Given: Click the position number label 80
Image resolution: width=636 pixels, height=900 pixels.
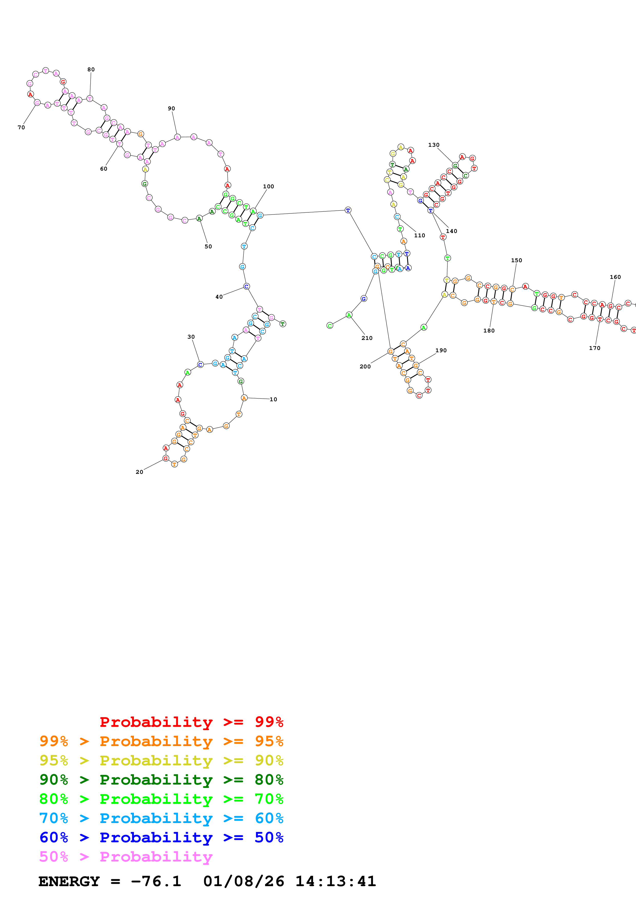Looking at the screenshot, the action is click(91, 69).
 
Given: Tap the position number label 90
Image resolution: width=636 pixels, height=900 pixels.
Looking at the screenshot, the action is click(171, 109).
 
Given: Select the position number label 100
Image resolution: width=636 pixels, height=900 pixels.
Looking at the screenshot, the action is click(268, 187).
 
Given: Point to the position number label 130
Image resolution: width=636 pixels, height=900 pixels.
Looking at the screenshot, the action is click(434, 145).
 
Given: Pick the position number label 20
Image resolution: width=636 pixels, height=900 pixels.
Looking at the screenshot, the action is click(140, 472).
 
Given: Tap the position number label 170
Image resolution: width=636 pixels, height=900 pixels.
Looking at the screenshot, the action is click(594, 348).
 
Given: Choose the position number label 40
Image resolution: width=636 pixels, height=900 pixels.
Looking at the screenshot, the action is click(219, 297).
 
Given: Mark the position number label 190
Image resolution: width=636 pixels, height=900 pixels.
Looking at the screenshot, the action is click(441, 350).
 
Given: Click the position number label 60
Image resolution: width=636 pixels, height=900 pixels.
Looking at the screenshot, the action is click(103, 169).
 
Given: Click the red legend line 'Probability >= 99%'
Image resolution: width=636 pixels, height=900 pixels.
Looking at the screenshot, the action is click(191, 722).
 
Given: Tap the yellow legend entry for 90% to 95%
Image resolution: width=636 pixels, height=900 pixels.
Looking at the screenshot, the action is click(161, 760).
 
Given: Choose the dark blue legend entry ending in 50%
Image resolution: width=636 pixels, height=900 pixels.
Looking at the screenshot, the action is click(161, 837).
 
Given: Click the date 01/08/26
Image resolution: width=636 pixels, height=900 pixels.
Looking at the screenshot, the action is click(244, 881).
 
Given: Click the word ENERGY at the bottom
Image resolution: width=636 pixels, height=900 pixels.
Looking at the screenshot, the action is click(69, 881).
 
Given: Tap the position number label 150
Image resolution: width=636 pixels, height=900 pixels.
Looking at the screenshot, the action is click(516, 260).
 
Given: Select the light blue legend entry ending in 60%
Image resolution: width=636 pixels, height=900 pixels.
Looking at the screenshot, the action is click(161, 818).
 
